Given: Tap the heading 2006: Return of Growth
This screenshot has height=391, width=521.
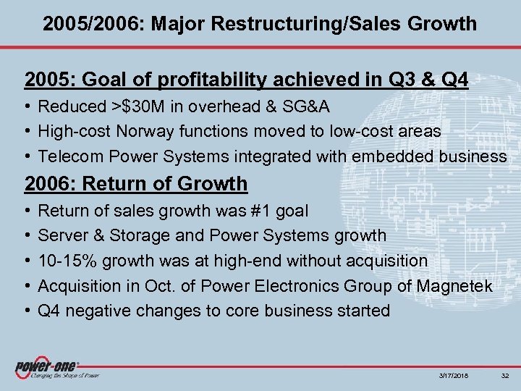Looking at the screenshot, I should tap(136, 183).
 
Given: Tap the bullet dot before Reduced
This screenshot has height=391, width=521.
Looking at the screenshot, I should tap(27, 106).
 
